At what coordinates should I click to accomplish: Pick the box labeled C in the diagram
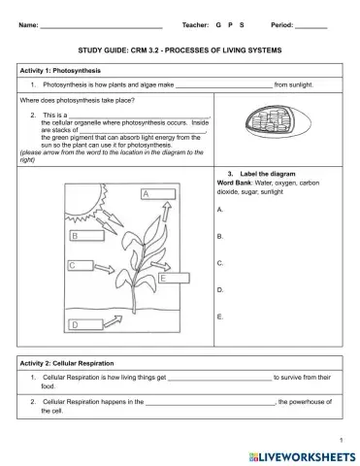(x=85, y=264)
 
